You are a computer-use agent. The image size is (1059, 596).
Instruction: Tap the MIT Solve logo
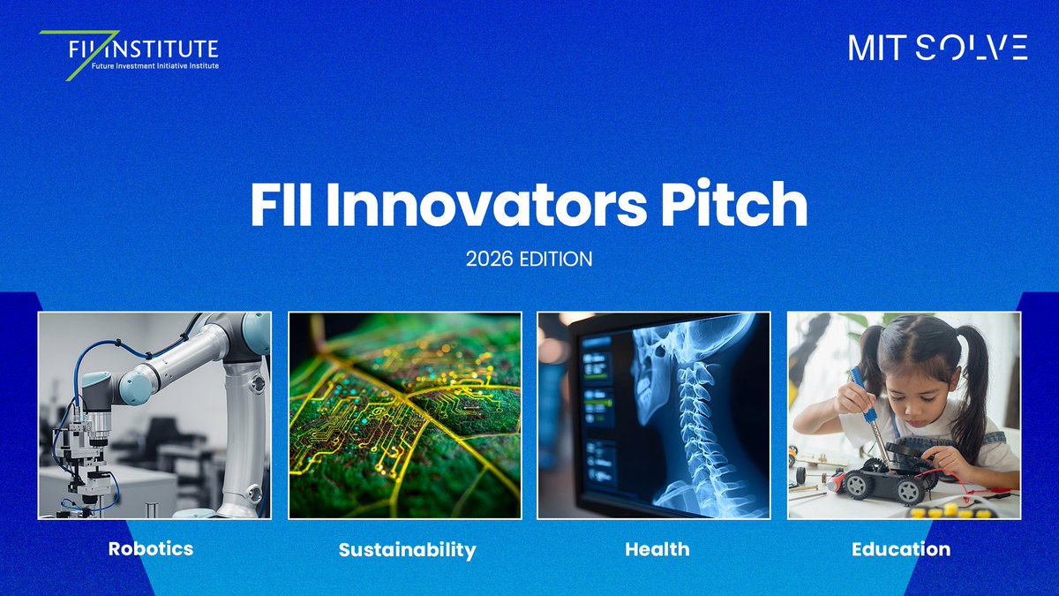pyautogui.click(x=937, y=48)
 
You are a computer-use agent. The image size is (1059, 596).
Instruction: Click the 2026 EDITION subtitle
pyautogui.click(x=529, y=260)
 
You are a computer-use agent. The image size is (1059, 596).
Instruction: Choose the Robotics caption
pyautogui.click(x=150, y=548)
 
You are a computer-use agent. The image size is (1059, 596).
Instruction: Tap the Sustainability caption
pyautogui.click(x=407, y=550)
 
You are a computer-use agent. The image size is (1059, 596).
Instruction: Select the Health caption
pyautogui.click(x=657, y=549)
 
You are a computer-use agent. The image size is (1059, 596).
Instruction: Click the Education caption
pyautogui.click(x=901, y=549)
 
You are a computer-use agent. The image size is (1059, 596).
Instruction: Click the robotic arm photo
pyautogui.click(x=154, y=415)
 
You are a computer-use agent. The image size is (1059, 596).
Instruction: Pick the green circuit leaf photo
pyautogui.click(x=405, y=415)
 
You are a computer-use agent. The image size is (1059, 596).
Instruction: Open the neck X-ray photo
pyautogui.click(x=654, y=415)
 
